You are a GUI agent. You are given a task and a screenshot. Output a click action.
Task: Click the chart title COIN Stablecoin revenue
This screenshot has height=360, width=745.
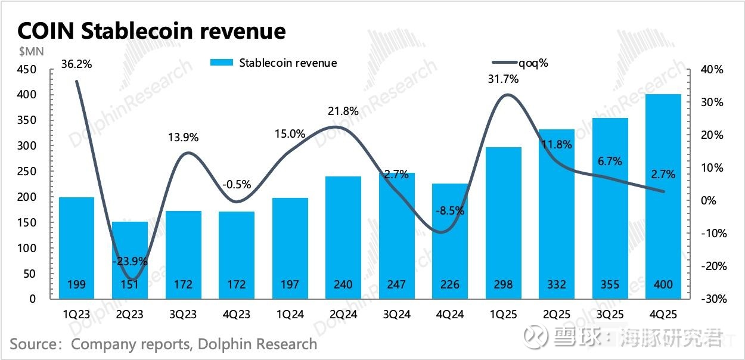click(151, 31)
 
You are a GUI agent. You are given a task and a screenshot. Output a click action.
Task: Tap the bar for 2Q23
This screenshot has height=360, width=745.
click(130, 260)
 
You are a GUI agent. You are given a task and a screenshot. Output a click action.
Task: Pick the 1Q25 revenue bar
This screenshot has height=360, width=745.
click(504, 224)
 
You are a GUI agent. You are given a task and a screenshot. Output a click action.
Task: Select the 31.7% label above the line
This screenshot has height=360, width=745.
click(504, 79)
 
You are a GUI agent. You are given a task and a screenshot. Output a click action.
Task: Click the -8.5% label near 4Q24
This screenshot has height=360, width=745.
click(450, 210)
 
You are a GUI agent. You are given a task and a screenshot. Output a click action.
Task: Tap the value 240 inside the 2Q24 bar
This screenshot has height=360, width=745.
click(343, 285)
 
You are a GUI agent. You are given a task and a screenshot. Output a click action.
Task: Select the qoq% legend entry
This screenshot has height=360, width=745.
click(519, 63)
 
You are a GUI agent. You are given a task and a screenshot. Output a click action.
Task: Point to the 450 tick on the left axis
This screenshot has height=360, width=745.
click(29, 70)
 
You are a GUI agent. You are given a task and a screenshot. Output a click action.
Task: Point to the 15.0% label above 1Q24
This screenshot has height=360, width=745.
click(290, 134)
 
